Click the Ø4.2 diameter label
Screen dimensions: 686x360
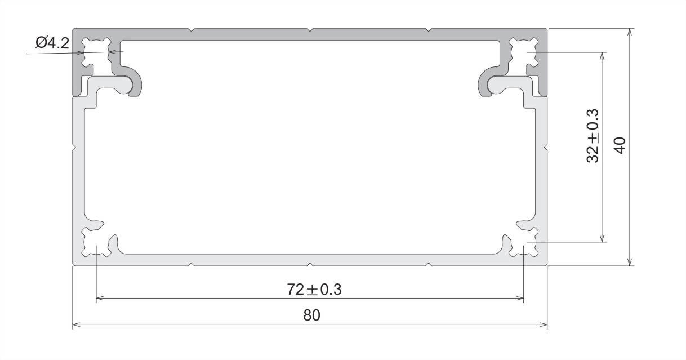tap(52, 43)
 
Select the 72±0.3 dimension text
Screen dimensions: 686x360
tap(314, 290)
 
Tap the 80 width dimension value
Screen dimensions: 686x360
tap(312, 315)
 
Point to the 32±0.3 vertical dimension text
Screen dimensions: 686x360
tap(593, 135)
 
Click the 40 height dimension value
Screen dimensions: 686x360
tap(620, 145)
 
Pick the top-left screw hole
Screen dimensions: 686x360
tap(96, 52)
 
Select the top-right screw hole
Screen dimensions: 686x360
tap(523, 52)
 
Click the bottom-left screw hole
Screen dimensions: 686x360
tap(96, 242)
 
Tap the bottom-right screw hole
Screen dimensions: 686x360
tap(523, 242)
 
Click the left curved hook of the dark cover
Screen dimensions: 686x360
tap(139, 82)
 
